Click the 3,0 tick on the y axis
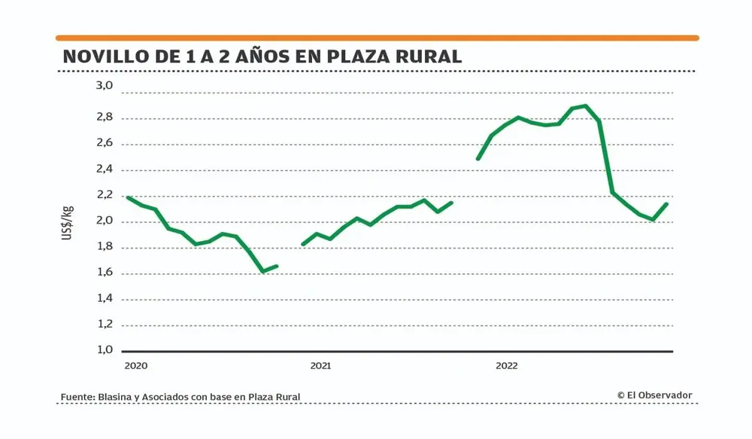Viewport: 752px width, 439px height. (103, 87)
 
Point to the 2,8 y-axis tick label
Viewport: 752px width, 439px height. (103, 117)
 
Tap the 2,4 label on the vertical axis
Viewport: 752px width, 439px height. (103, 169)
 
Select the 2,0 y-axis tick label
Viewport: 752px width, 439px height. (103, 221)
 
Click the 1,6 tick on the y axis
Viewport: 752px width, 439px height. (103, 273)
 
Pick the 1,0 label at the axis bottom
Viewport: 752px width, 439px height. (103, 350)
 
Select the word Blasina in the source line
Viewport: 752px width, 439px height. (118, 397)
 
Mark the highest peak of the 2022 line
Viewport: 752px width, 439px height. (586, 105)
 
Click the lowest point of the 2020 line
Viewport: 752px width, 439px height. (262, 271)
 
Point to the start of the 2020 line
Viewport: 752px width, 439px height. (128, 197)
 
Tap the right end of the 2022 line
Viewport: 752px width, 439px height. (667, 204)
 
